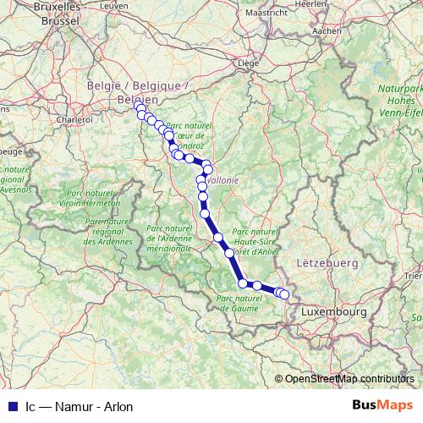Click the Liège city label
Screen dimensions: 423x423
tap(247, 63)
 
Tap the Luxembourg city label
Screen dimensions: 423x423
tap(332, 312)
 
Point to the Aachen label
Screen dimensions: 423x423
tap(326, 30)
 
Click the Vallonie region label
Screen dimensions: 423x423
tap(222, 179)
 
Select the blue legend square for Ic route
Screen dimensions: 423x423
tap(9, 407)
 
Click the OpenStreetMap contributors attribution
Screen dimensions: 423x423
tap(349, 379)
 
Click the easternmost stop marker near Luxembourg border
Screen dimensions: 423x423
tap(284, 294)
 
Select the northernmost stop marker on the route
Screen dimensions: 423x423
tap(139, 106)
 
